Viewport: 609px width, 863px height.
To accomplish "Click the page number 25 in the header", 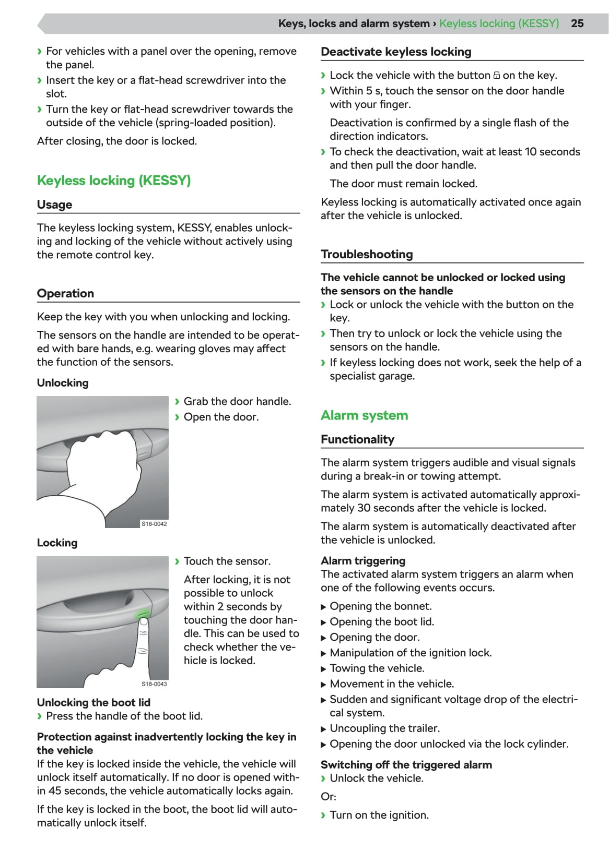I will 577,23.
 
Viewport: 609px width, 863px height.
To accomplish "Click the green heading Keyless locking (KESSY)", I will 114,181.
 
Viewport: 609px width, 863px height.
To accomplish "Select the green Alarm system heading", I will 364,415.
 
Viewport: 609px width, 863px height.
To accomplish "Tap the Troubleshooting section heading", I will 367,254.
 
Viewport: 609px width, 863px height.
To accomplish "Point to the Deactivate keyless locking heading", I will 396,52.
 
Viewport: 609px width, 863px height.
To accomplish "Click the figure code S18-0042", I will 154,524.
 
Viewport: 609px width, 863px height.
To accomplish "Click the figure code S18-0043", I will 154,684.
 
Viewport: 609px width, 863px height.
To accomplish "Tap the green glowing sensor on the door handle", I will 143,614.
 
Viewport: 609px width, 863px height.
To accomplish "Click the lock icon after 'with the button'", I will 497,76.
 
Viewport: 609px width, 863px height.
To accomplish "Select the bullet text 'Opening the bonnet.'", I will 381,606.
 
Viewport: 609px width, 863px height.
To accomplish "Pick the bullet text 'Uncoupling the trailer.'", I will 384,728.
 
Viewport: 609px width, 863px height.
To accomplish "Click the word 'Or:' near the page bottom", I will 329,797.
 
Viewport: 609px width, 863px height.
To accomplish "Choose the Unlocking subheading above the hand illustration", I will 63,383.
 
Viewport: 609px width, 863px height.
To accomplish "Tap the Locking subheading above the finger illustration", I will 57,543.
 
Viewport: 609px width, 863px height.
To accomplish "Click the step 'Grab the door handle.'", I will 237,401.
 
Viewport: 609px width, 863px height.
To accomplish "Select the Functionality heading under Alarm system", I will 357,439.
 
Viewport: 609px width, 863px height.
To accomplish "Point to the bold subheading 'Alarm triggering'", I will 363,561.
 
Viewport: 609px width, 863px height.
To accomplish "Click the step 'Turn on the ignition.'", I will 379,815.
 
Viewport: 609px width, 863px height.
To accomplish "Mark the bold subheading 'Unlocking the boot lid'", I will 93,702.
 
